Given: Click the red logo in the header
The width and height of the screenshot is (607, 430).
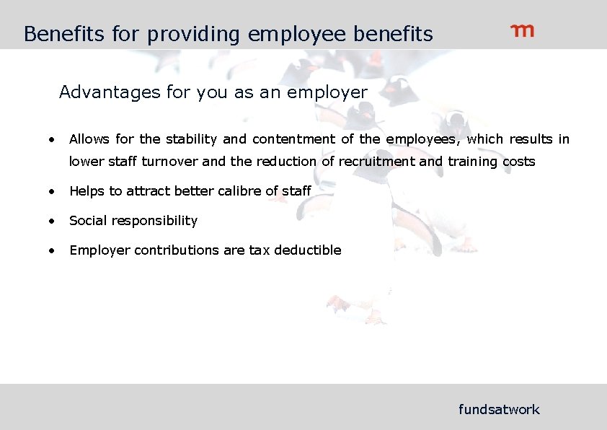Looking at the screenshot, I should pyautogui.click(x=523, y=30).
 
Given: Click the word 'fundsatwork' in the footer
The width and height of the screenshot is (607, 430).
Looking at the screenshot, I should pyautogui.click(x=499, y=410).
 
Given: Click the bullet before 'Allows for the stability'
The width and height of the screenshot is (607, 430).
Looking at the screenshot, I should pyautogui.click(x=52, y=139).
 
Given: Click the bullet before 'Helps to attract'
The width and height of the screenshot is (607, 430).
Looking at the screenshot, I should pyautogui.click(x=52, y=191).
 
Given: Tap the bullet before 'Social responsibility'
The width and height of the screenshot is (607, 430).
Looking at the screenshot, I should pyautogui.click(x=52, y=221).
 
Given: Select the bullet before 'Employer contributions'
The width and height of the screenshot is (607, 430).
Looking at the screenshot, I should pyautogui.click(x=52, y=250).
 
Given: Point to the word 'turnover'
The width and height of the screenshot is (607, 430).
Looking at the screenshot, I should pyautogui.click(x=170, y=162).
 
